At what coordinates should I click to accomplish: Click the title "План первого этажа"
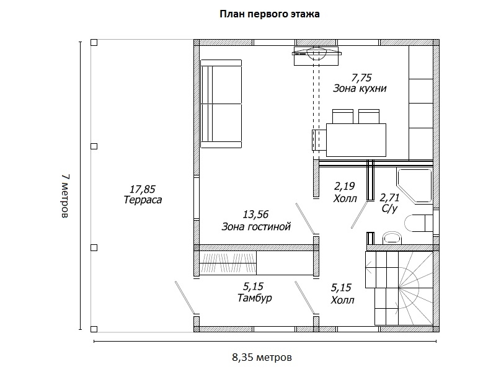270,14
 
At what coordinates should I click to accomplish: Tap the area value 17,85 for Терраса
143,189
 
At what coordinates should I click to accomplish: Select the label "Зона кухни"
360,88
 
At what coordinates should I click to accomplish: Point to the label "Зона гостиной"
256,226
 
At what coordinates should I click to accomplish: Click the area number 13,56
255,215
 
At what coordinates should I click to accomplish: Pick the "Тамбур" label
255,298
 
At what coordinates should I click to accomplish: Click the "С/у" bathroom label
389,208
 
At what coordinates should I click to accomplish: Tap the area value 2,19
344,186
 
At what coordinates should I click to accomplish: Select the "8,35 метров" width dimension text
262,358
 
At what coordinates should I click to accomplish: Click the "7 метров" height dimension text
65,196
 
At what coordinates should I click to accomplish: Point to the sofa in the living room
221,104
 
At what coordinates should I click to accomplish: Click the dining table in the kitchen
356,140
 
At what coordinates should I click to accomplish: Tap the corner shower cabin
414,185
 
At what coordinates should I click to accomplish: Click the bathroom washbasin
392,238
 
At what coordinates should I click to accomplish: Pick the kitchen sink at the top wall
316,56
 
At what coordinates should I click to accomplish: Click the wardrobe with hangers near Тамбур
228,263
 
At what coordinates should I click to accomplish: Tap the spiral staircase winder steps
415,288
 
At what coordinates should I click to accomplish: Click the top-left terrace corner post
94,42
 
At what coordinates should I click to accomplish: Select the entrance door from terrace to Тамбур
185,298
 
